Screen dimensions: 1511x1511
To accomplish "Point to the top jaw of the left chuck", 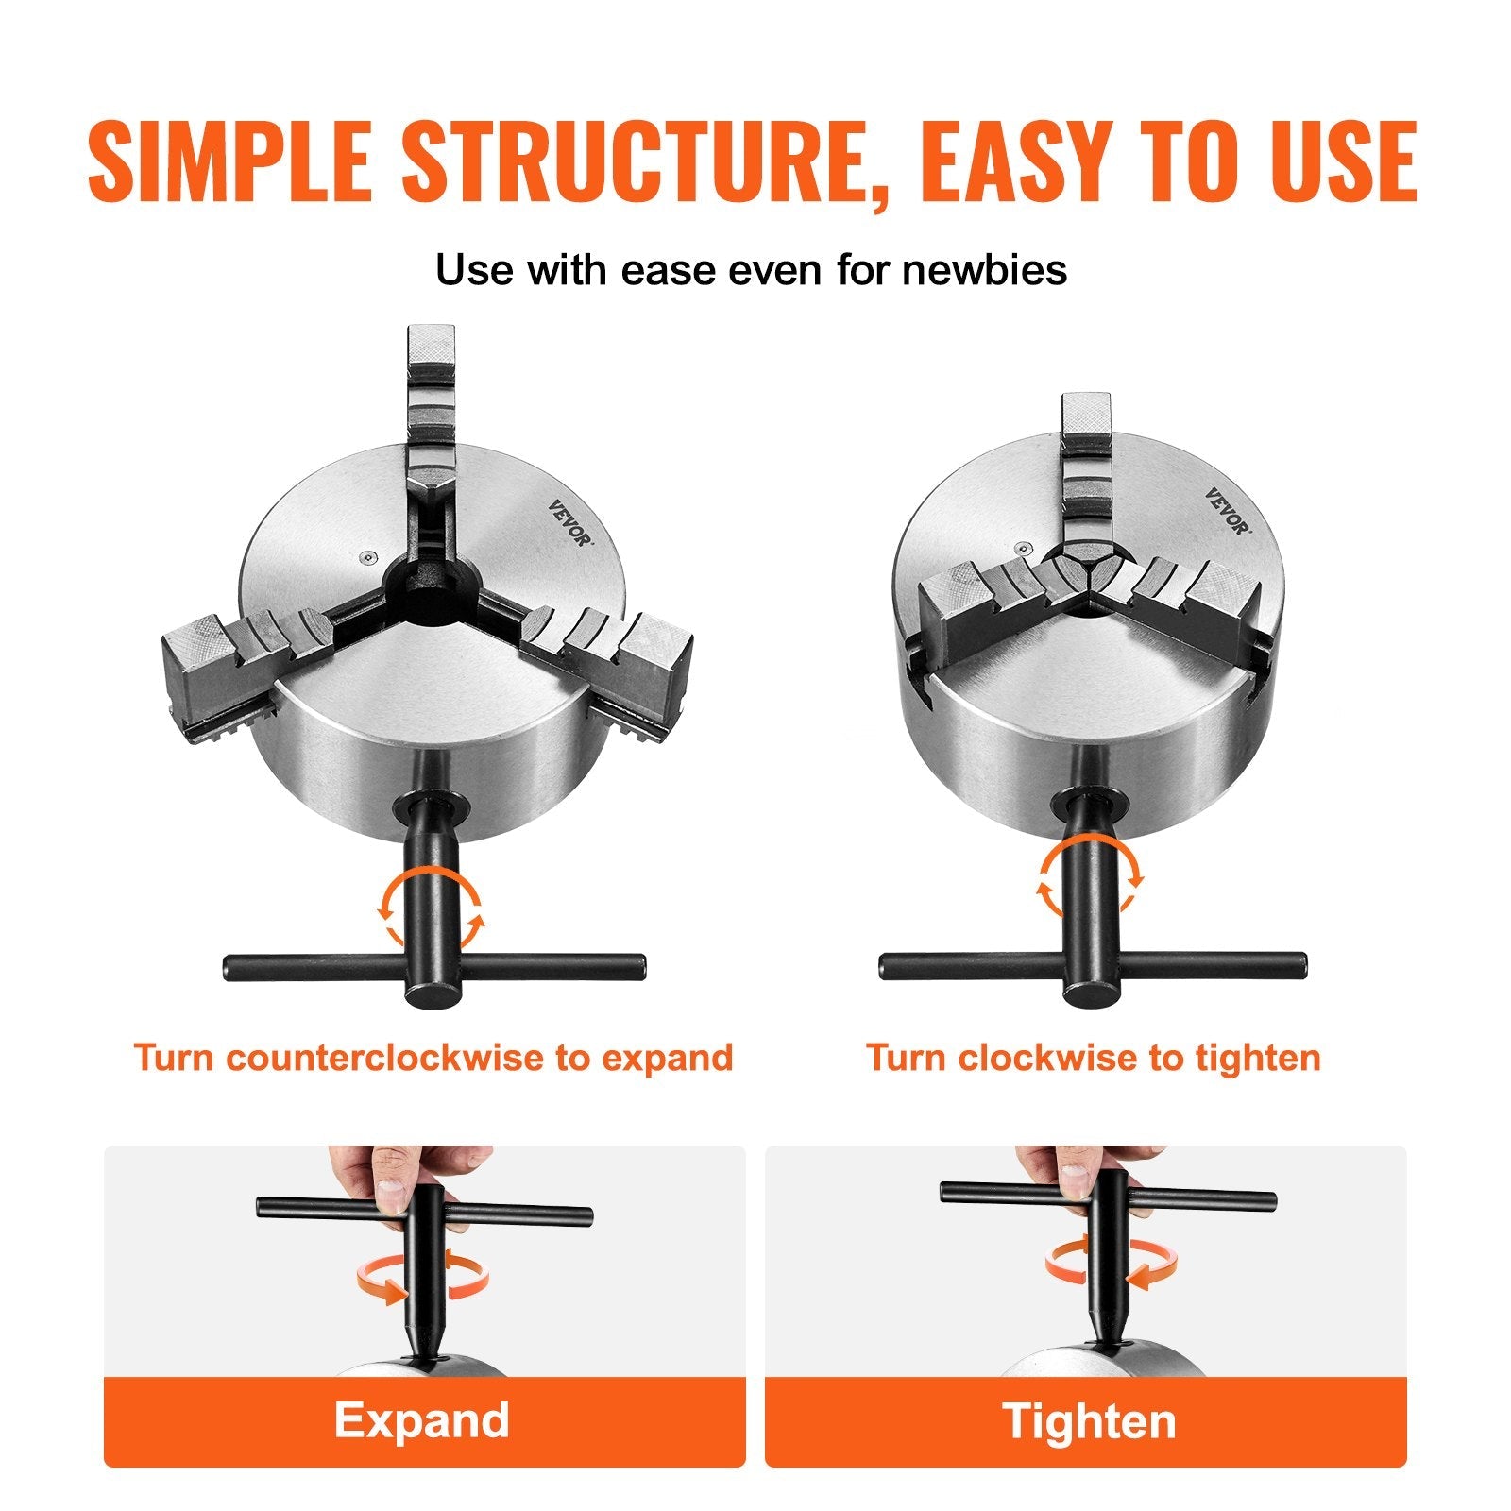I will point(432,397).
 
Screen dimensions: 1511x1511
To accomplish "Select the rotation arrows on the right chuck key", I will point(1092,874).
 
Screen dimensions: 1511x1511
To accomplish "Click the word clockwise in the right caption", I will point(1048,1057).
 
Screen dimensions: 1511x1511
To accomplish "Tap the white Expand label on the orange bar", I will point(422,1419).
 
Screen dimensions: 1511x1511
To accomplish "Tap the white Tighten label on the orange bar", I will point(1089,1421).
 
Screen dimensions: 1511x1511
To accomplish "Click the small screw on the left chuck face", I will point(368,557).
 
